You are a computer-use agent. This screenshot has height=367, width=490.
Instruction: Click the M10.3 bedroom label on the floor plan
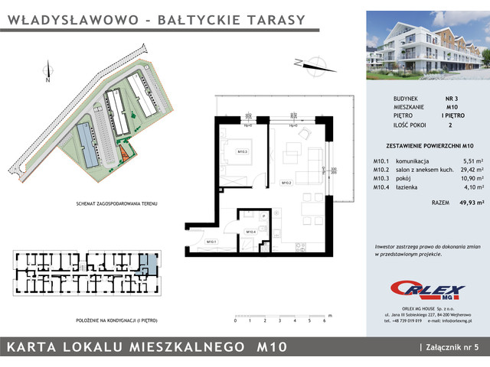pos(241,151)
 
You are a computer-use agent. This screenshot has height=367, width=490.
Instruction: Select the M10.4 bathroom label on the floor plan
pos(250,232)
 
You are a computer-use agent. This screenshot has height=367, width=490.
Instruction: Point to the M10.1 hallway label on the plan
pos(211,242)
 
